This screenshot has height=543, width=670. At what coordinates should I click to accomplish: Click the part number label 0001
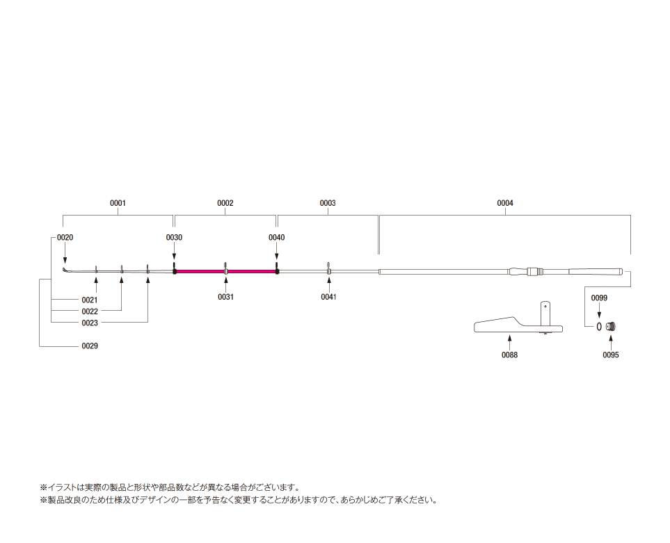coord(118,203)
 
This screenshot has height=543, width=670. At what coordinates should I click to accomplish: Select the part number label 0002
coord(225,203)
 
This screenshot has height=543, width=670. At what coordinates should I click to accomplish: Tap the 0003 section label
coord(328,203)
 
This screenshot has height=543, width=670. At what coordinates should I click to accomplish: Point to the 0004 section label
coord(505,203)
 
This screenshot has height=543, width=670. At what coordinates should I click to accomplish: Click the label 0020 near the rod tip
coord(65,237)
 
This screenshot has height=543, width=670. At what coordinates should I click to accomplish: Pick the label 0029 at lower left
coord(90,346)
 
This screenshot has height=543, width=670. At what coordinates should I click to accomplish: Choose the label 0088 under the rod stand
coord(509,355)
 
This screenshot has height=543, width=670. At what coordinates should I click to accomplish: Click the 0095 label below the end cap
coord(611,355)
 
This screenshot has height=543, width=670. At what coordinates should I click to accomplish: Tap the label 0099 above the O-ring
coord(599,298)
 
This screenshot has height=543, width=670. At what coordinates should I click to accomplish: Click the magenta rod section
coord(225,271)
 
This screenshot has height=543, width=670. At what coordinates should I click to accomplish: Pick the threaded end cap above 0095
coord(611,327)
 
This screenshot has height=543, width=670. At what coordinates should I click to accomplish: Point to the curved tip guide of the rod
coord(64,269)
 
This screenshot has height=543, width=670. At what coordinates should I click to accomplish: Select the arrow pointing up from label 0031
coord(225,284)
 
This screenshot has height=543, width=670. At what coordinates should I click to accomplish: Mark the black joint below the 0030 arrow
coord(175,270)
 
